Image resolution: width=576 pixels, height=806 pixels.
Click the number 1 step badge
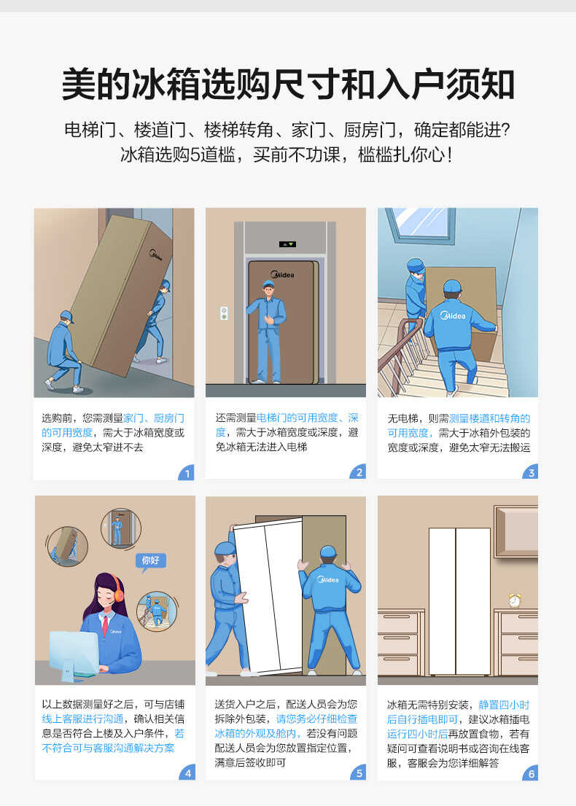click(187, 474)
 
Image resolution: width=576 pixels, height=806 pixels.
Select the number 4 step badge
click(187, 772)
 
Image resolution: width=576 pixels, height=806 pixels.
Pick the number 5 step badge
click(359, 772)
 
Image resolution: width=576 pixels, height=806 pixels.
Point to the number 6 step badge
click(531, 772)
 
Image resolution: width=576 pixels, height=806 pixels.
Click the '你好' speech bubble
click(150, 560)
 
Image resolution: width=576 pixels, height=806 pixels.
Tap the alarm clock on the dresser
click(515, 600)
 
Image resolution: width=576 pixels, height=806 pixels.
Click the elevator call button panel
click(224, 313)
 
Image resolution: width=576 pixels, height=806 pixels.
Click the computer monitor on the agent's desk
click(74, 651)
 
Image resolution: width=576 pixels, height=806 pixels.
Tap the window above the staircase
click(421, 224)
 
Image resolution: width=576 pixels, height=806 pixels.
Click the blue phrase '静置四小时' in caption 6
click(504, 705)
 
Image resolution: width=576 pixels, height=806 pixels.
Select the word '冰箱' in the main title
click(157, 85)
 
